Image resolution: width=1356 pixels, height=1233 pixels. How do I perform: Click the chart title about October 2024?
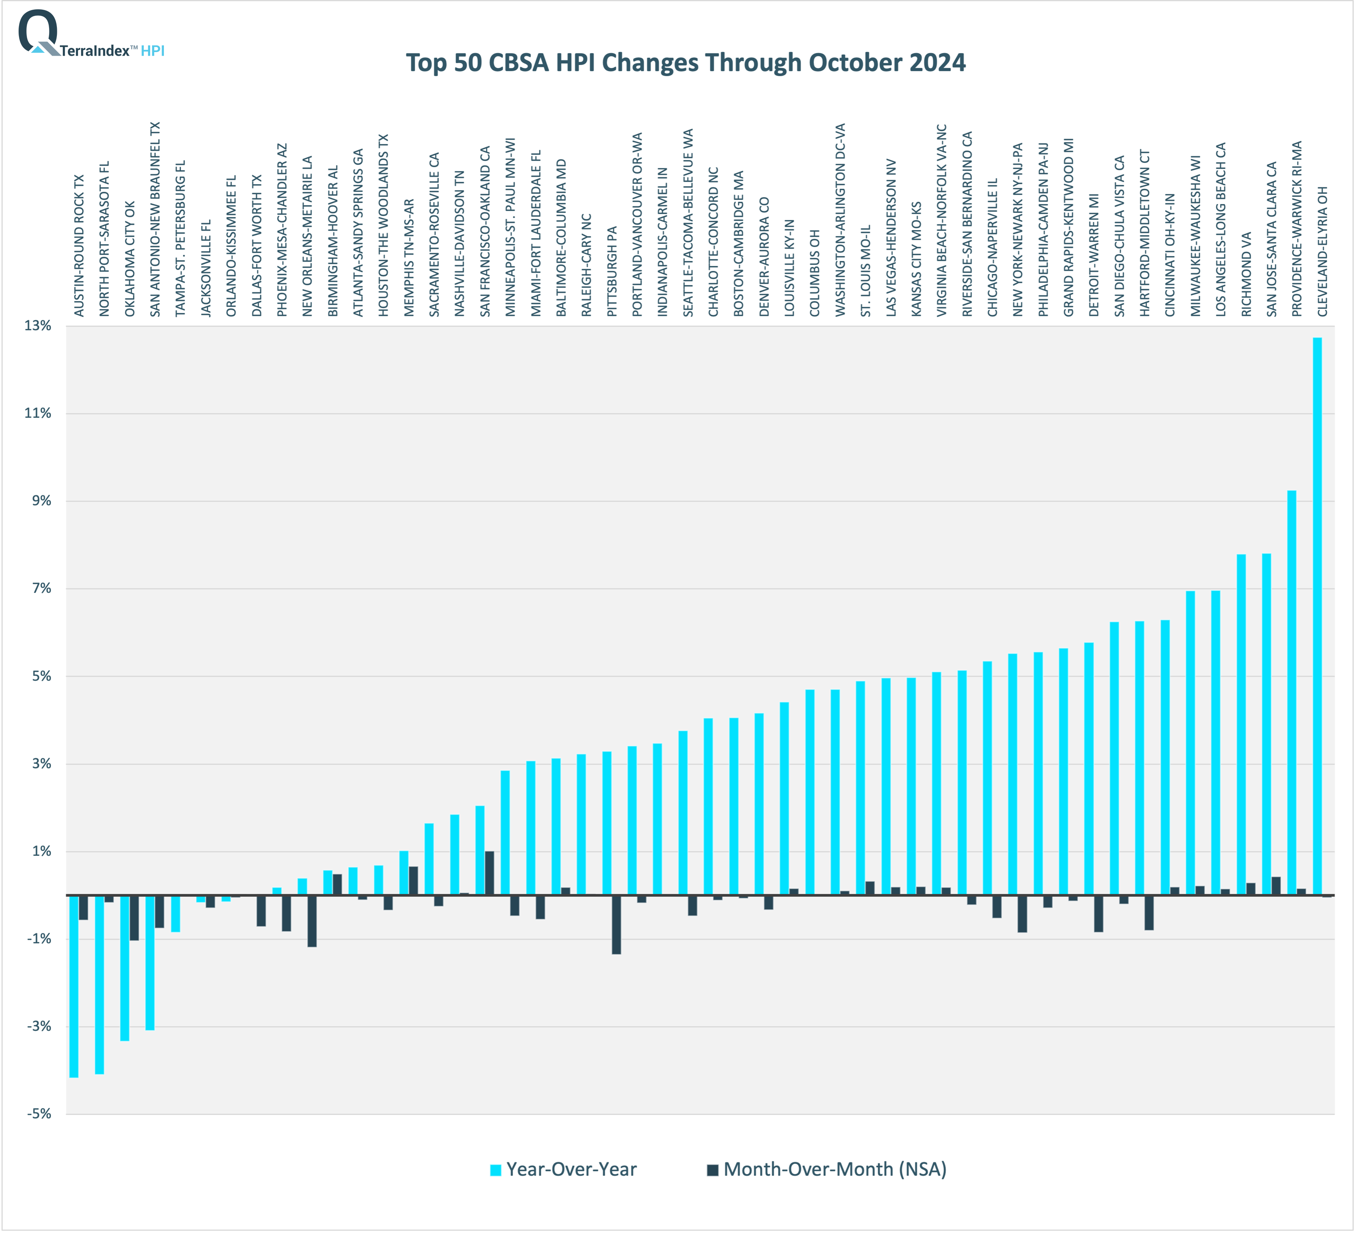685,62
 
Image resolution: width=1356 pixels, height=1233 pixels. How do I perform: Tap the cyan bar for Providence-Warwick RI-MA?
1291,692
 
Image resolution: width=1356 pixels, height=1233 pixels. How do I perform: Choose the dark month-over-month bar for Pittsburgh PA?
616,925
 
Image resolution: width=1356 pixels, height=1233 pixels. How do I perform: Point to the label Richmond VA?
1246,274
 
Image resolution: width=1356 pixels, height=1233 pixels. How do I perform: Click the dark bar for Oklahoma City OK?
134,918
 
